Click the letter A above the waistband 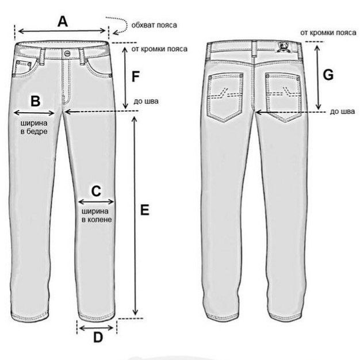point(63,21)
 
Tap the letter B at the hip point(36,101)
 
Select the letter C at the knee point(96,191)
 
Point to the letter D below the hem point(98,338)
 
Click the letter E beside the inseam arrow point(145,210)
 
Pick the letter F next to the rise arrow point(136,76)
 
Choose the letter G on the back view point(328,74)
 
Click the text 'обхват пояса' point(154,25)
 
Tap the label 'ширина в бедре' point(34,127)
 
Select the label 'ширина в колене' point(97,215)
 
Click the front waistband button point(67,53)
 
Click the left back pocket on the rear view point(225,97)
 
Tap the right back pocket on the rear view point(283,97)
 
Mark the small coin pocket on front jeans point(24,68)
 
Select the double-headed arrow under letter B point(34,113)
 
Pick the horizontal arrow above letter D point(96,328)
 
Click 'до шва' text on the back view point(342,112)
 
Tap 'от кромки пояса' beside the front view point(159,49)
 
